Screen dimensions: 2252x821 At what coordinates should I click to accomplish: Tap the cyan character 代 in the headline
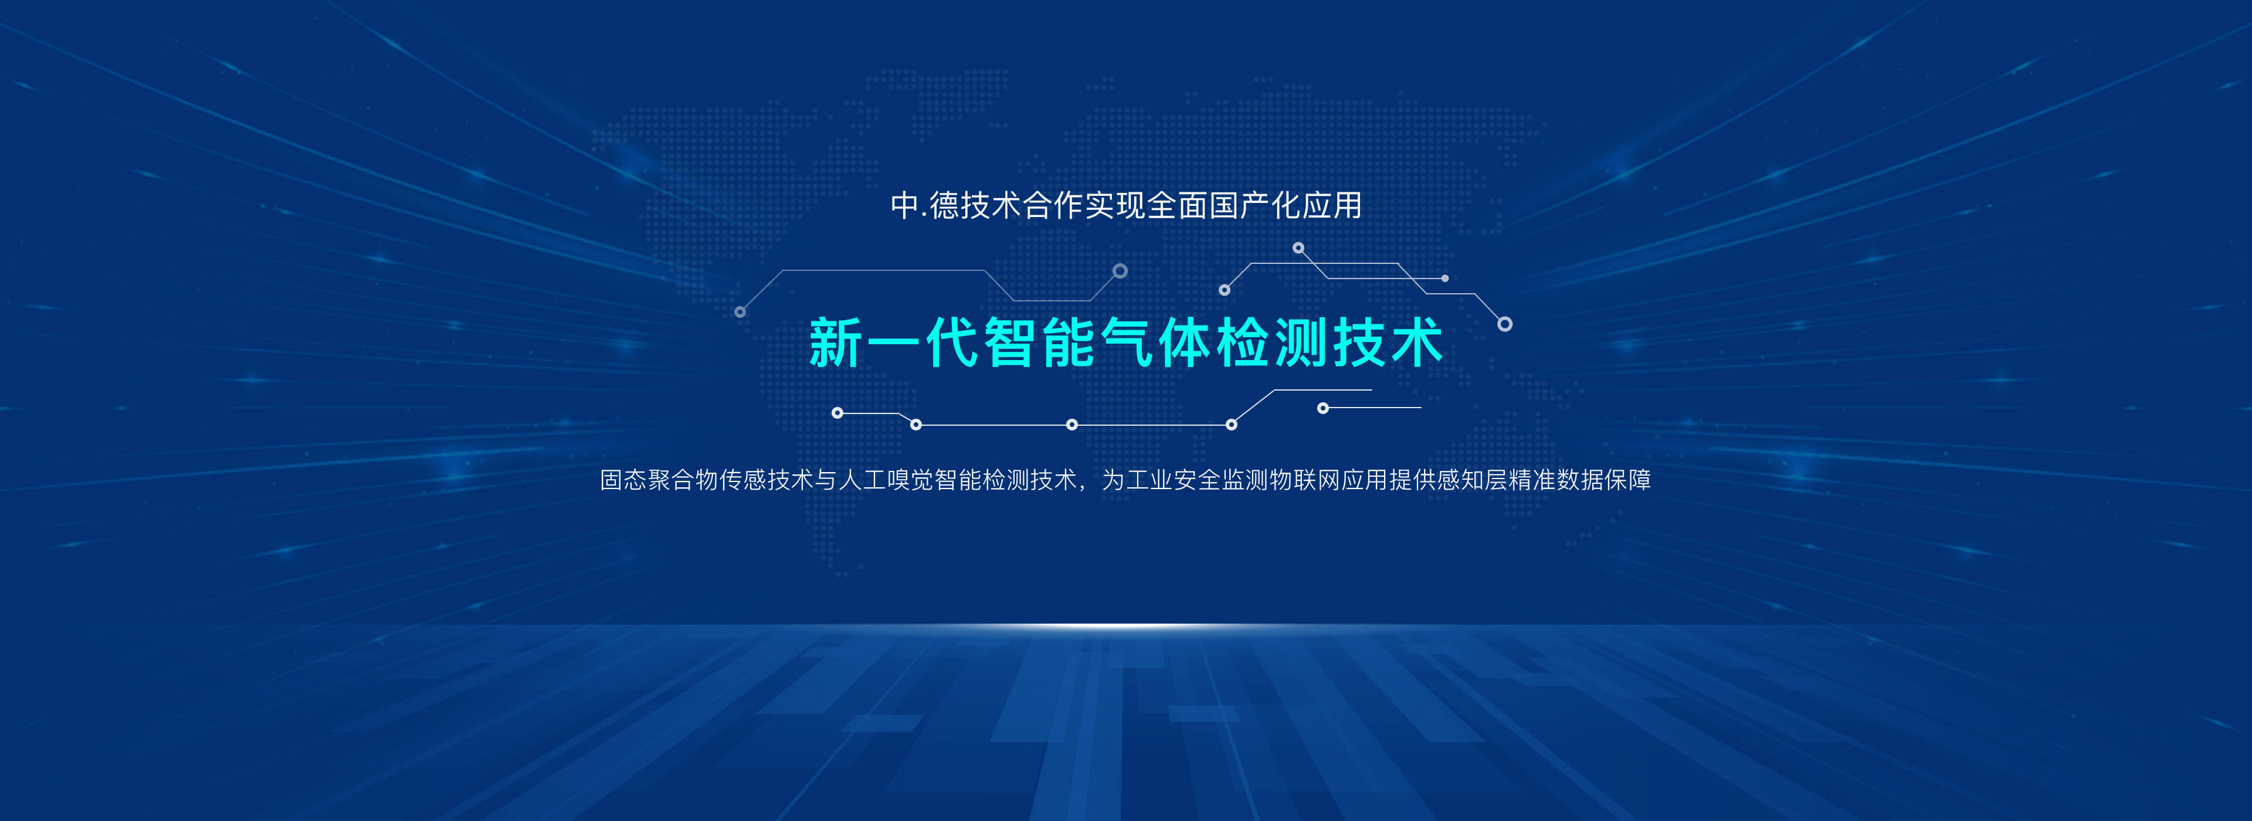coord(952,342)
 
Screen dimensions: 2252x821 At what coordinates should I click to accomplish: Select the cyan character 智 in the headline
coord(1010,342)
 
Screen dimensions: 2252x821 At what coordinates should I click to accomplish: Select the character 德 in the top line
coord(944,205)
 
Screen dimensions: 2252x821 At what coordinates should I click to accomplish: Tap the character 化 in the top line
coord(1287,205)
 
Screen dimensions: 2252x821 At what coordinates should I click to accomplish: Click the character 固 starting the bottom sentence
coord(611,480)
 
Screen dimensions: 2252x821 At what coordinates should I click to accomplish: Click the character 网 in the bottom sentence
coord(1329,480)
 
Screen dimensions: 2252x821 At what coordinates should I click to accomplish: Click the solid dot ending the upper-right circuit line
coord(1445,278)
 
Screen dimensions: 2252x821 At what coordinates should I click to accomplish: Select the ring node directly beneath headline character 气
coord(1072,425)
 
